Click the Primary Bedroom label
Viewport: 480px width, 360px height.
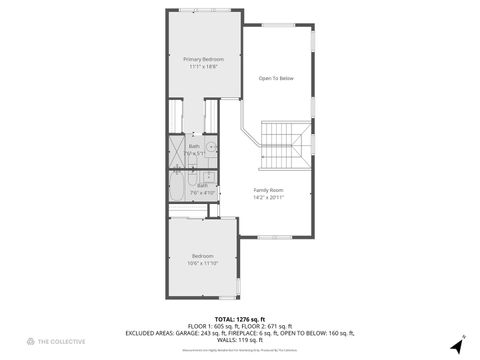(x=203, y=60)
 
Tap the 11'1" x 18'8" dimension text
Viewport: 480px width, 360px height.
(x=203, y=67)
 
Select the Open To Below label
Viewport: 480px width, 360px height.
(x=276, y=78)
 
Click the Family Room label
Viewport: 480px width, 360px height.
(x=268, y=190)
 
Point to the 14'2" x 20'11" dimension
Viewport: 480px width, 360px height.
(x=268, y=197)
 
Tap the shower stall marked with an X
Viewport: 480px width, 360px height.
(x=176, y=153)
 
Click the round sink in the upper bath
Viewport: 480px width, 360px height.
(x=212, y=146)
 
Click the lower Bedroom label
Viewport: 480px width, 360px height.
(x=203, y=256)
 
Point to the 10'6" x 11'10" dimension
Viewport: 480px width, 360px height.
(x=203, y=263)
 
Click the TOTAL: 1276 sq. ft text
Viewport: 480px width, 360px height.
(x=239, y=318)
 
